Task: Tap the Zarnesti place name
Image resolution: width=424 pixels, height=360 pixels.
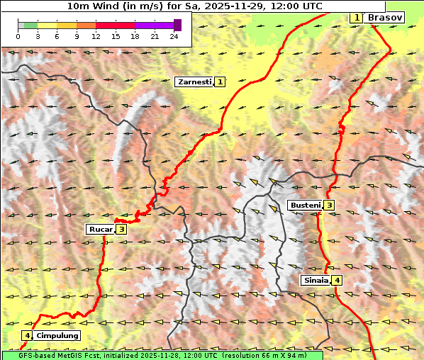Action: (x=194, y=82)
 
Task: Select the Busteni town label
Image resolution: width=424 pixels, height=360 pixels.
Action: (x=305, y=206)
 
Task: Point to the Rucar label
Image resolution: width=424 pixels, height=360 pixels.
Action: (x=101, y=229)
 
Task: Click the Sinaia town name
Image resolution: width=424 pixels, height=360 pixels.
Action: (x=316, y=280)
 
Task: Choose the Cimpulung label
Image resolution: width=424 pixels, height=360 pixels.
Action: (x=57, y=335)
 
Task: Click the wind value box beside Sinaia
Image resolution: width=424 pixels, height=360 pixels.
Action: (x=337, y=280)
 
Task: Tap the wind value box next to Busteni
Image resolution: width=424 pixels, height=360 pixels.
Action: (x=329, y=206)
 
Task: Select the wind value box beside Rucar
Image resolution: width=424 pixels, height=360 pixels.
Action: (x=121, y=229)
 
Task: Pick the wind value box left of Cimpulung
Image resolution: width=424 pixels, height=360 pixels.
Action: (x=27, y=335)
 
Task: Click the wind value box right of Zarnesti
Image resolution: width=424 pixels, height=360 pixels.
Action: (x=221, y=82)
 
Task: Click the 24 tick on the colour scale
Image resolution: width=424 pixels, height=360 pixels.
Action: (x=174, y=37)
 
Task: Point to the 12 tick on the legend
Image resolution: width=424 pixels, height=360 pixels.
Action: (x=96, y=37)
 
